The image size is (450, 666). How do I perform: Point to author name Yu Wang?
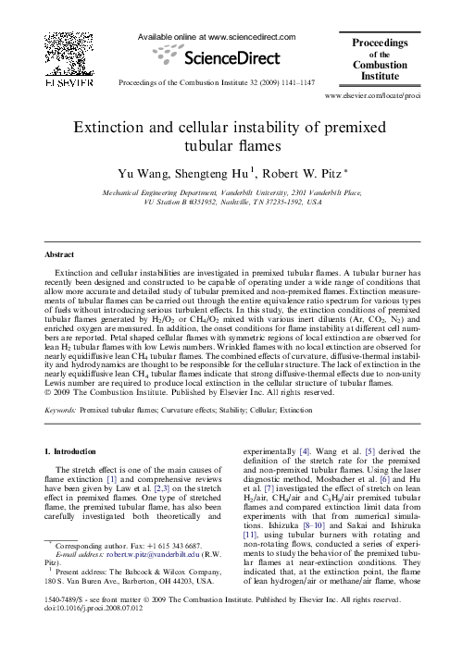141,173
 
